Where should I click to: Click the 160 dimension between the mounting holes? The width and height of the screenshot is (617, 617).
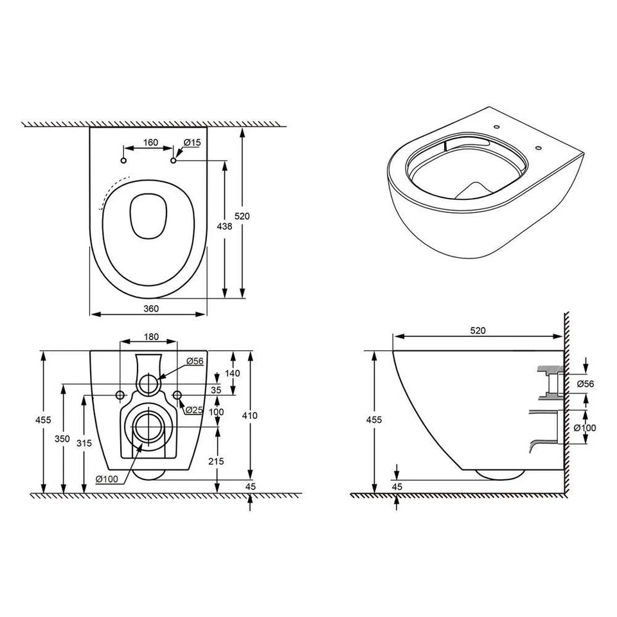point(150,143)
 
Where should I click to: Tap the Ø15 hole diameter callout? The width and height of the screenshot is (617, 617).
point(191,142)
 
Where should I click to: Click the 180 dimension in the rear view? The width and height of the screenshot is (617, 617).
point(150,337)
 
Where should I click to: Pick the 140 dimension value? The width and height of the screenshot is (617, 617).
point(233,373)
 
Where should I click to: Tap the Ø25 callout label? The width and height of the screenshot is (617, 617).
point(194,410)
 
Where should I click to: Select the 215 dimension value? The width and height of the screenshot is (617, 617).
point(216,461)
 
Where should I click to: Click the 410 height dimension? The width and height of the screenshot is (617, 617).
point(250,416)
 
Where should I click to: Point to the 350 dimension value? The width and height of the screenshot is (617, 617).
point(62,438)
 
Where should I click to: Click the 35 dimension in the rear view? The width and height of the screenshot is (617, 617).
point(216,389)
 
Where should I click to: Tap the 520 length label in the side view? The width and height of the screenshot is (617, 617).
point(477,330)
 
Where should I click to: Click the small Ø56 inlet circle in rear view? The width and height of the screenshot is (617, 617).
point(148,383)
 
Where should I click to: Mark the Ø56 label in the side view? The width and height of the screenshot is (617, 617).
point(586,384)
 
